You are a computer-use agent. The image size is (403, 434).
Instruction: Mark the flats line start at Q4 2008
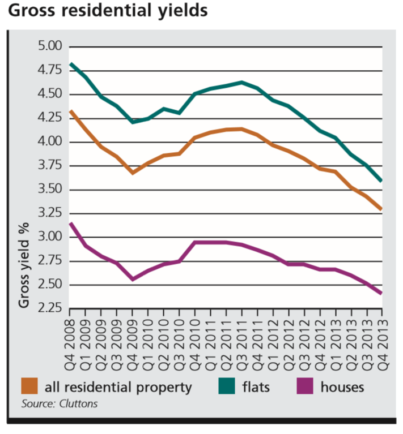click(70, 64)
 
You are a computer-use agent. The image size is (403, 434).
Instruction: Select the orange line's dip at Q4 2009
click(133, 172)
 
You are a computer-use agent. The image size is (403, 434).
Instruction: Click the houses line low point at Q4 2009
click(133, 279)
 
